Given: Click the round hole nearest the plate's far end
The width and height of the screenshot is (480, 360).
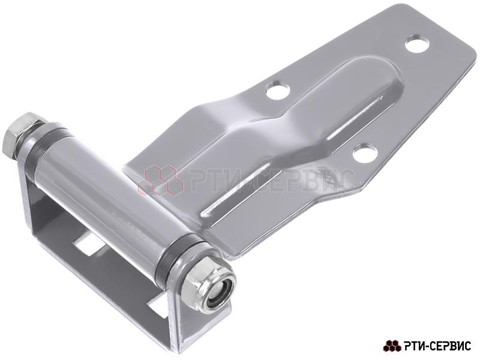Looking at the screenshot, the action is (x=416, y=44).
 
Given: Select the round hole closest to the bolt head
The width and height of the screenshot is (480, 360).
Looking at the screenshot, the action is (x=278, y=89).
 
